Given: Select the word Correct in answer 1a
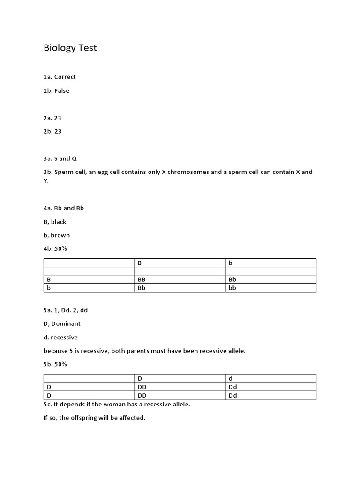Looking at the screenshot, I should pyautogui.click(x=65, y=77).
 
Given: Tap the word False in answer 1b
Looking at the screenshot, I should pyautogui.click(x=61, y=91).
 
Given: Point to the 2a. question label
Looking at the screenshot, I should pyautogui.click(x=48, y=118).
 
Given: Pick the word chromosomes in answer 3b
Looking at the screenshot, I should pyautogui.click(x=188, y=172).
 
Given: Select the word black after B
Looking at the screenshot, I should pyautogui.click(x=59, y=222).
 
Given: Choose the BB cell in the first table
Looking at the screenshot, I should pyautogui.click(x=142, y=279).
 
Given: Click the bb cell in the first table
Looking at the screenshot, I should pyautogui.click(x=232, y=288).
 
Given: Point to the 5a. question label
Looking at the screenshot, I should pyautogui.click(x=48, y=310).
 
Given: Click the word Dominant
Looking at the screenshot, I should pyautogui.click(x=66, y=324).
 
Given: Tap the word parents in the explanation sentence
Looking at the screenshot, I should pyautogui.click(x=149, y=351).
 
